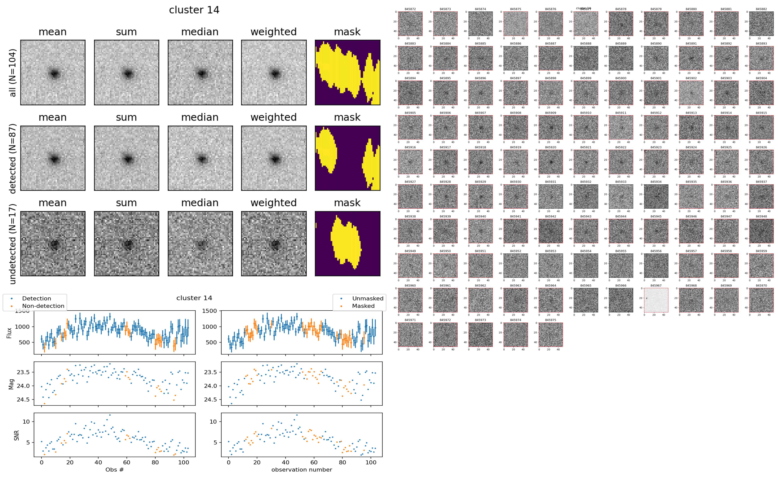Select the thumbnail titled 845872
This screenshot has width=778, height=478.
coord(410,24)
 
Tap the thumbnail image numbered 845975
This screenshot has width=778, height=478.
coord(550,334)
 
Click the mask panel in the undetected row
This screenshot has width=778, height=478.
coord(347,244)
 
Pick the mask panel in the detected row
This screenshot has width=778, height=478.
coord(347,158)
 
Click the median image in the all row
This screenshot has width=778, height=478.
coord(200,72)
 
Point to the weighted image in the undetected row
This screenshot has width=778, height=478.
coord(274,244)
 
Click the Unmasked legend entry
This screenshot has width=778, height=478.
coord(367,298)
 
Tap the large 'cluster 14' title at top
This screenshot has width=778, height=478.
coord(194,10)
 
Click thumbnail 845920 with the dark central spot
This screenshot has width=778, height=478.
coord(550,162)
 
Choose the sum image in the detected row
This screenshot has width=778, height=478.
coord(126,158)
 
